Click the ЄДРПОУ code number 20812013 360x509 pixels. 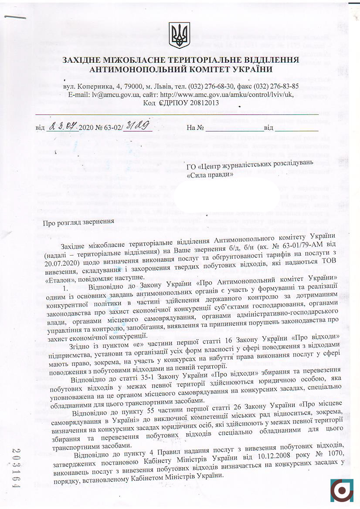coord(198,103)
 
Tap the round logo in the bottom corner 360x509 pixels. coord(342,491)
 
